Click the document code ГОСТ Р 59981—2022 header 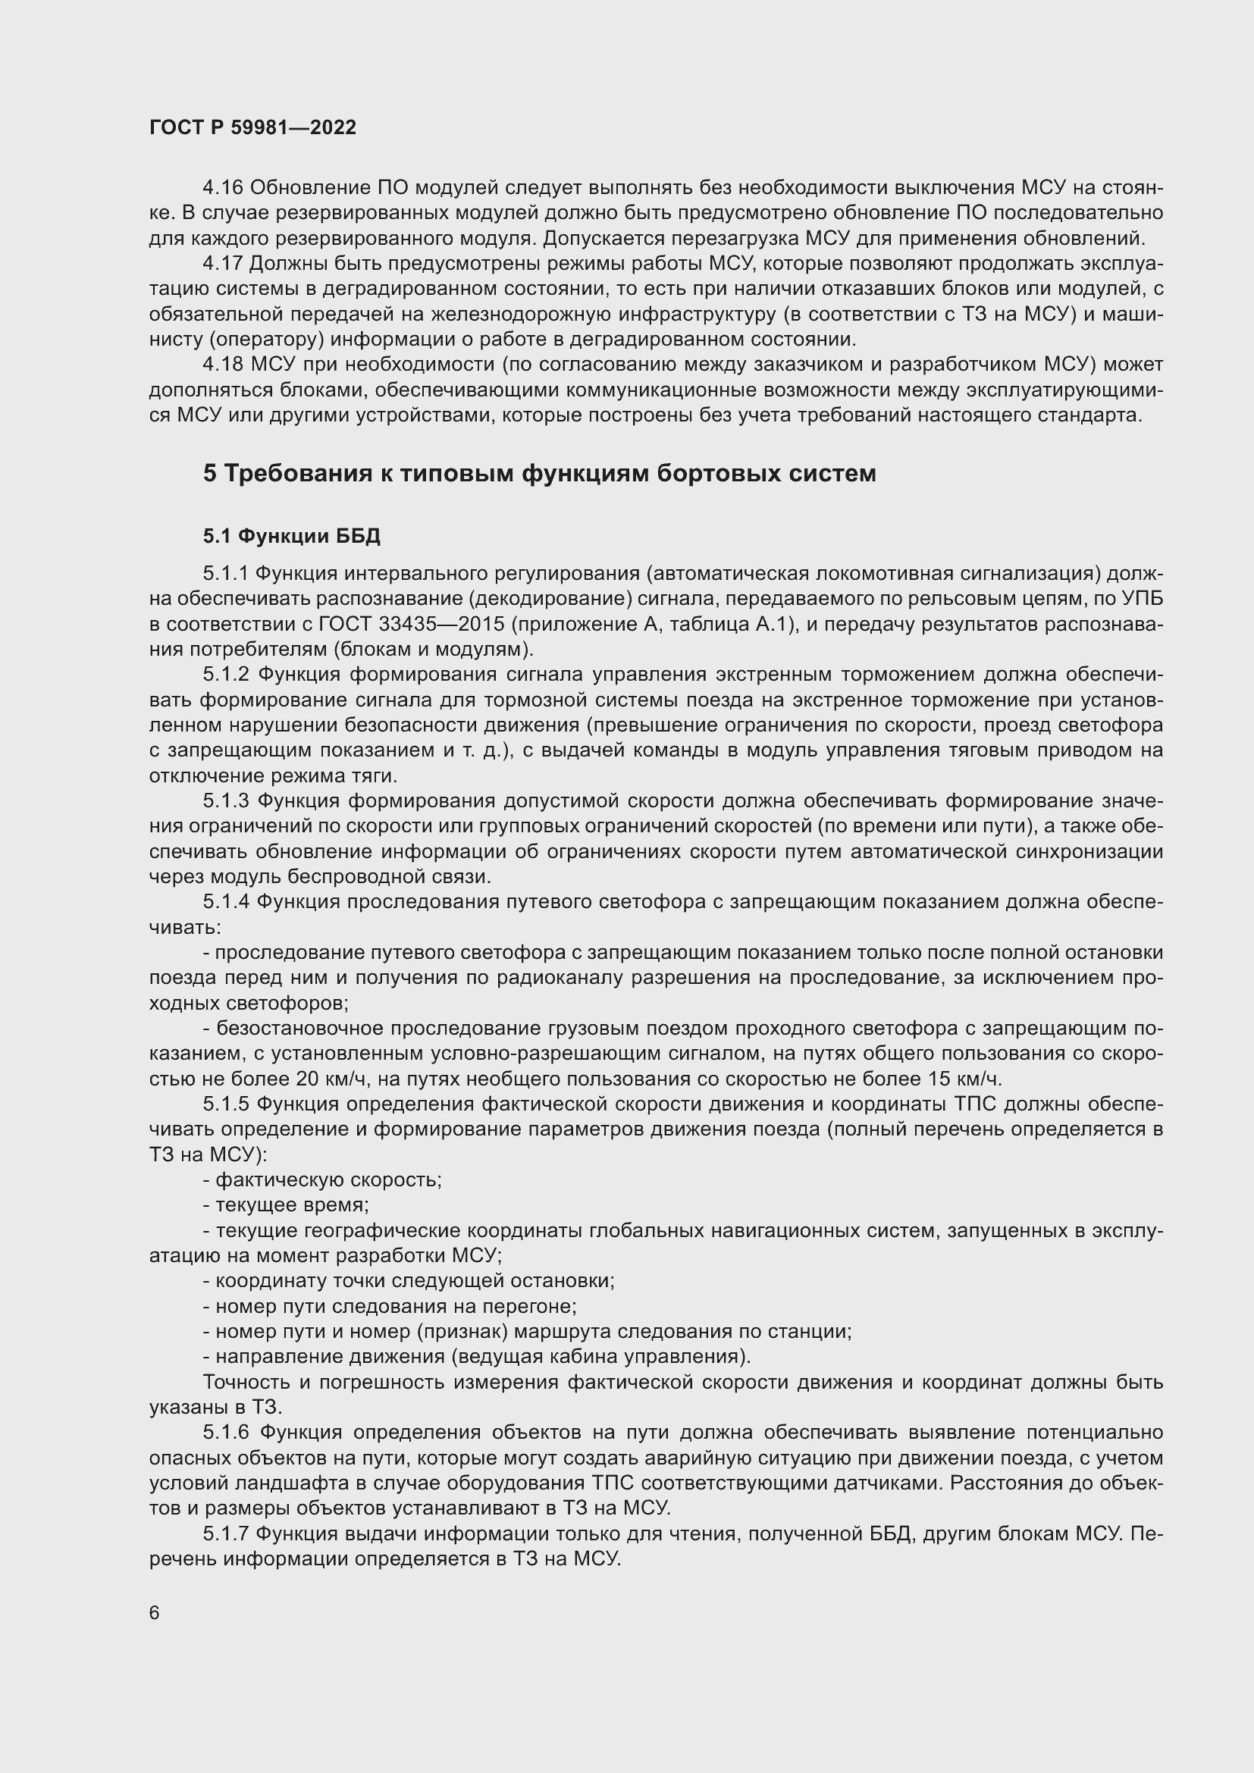[x=252, y=128]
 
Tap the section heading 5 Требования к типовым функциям [x=539, y=472]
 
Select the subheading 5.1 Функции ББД [x=291, y=536]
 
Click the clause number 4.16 [x=222, y=188]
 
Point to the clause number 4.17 [x=222, y=263]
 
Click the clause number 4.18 [x=222, y=364]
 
